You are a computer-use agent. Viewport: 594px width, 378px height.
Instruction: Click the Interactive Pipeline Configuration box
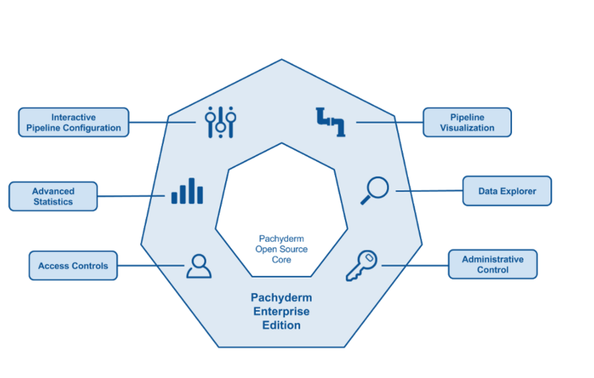point(74,122)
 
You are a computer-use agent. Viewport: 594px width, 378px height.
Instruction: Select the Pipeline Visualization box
point(467,122)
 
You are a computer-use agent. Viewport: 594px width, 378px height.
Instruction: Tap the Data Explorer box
point(507,191)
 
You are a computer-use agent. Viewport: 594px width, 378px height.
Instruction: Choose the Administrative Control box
point(493,264)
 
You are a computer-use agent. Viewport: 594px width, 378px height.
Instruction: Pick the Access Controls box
point(73,266)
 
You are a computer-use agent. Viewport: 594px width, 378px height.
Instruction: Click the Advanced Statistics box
point(53,196)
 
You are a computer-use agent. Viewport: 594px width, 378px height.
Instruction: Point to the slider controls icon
point(220,122)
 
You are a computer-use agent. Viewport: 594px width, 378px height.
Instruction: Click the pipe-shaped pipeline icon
point(331,122)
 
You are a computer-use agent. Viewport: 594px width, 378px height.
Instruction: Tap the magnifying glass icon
point(375,191)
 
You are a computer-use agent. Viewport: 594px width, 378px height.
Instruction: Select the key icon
point(361,266)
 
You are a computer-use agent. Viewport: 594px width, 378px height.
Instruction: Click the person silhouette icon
point(199,266)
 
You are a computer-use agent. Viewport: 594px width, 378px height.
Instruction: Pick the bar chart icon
point(187,191)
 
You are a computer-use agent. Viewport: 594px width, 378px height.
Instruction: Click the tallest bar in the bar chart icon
point(191,191)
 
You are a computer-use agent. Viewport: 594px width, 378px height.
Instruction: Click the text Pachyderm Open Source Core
point(282,249)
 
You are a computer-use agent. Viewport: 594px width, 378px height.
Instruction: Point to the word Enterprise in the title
point(282,311)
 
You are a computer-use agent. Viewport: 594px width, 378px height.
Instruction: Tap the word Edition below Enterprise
point(282,326)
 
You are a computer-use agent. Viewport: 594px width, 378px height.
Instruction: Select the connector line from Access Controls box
point(150,265)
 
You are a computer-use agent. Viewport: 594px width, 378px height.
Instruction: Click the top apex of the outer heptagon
point(282,60)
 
